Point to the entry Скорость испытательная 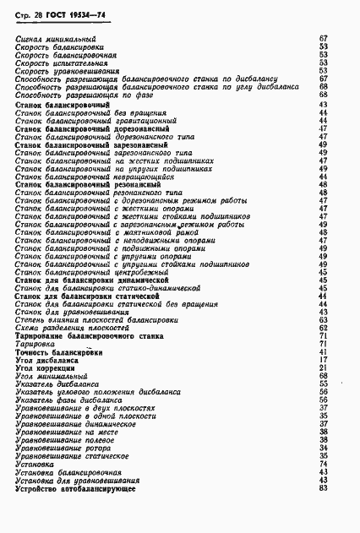point(61,63)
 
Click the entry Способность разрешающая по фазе point(74,95)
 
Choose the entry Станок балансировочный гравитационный point(91,121)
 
